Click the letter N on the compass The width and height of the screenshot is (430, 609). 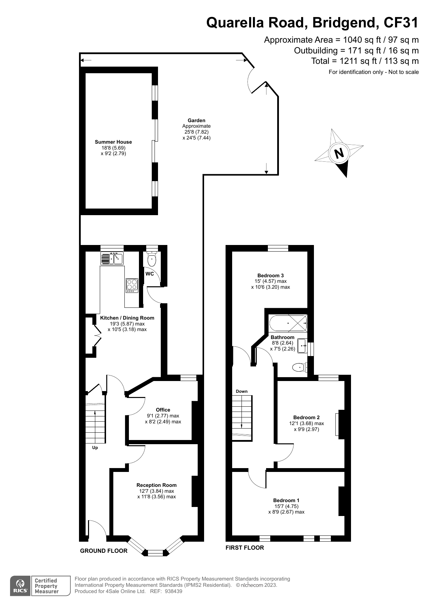coord(339,153)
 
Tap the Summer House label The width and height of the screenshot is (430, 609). coord(113,142)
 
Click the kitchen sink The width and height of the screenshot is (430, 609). coord(112,258)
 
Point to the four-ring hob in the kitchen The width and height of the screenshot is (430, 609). coord(132,285)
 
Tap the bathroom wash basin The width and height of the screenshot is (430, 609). coord(302,346)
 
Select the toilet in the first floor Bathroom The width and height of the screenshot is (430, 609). coord(300,367)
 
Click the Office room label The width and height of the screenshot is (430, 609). coord(163,410)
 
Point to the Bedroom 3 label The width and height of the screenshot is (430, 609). coord(271,276)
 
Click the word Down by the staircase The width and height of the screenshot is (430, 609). coord(242,391)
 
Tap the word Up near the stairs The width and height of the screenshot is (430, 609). coord(95,448)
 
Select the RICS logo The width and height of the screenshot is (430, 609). coord(21,586)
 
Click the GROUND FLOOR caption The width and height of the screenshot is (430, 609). coord(104,551)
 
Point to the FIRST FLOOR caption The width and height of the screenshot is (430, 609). coord(245,548)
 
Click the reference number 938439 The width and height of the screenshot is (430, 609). coord(173,591)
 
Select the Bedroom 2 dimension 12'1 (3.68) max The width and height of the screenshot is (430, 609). coord(307,423)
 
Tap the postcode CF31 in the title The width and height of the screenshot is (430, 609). coord(401,23)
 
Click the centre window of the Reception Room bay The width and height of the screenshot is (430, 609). coord(155,553)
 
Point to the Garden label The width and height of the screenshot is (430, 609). coord(196,120)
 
